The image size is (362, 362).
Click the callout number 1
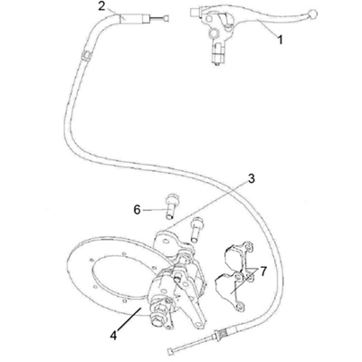pos(281,40)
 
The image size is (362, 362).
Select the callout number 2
pos(102,6)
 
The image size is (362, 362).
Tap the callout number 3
pos(251,178)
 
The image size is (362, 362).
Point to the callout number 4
pos(113,336)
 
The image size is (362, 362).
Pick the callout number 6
pos(138,210)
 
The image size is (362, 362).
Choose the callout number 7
pos(263,271)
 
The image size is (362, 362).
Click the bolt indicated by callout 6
pos(172,206)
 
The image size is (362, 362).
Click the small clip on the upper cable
pos(86,56)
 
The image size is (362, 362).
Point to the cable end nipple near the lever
pos(167,19)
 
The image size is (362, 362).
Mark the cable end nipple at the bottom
pos(170,351)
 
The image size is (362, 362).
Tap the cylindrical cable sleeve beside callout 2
pos(134,19)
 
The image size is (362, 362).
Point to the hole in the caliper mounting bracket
pos(166,241)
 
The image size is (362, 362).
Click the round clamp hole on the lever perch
pos(214,33)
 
